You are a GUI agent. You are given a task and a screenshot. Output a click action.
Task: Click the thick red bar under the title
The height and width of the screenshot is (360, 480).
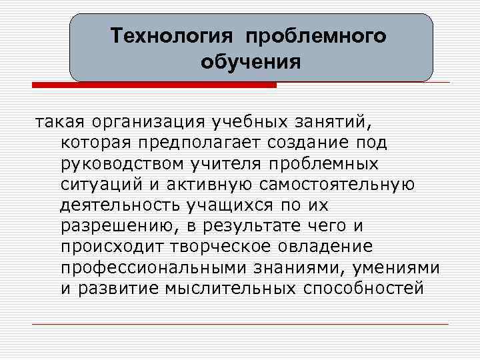(154, 85)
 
